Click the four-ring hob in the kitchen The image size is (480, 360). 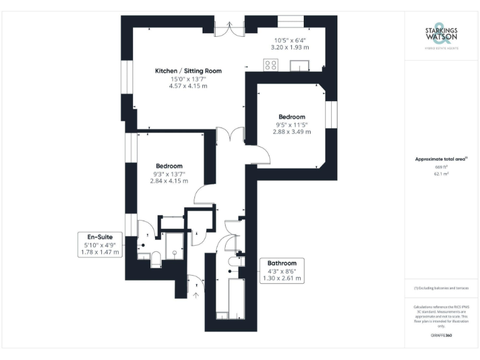click(x=271, y=64)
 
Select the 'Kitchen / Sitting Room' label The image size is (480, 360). click(x=188, y=71)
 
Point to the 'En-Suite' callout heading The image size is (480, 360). click(x=99, y=236)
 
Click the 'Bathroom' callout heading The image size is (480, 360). click(x=281, y=263)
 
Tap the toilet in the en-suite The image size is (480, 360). click(x=156, y=260)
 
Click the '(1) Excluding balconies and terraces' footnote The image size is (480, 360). click(x=441, y=288)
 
